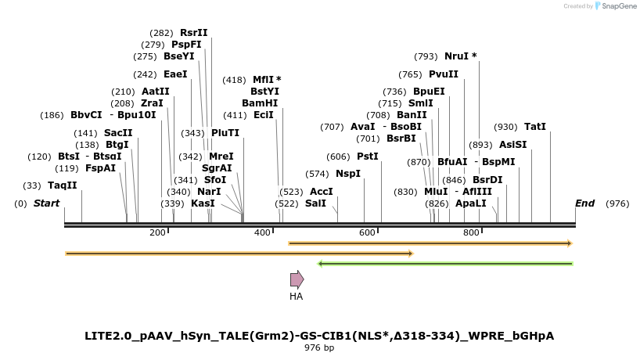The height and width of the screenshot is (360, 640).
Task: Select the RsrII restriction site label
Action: (x=194, y=33)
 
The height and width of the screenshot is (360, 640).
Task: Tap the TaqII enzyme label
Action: (x=63, y=185)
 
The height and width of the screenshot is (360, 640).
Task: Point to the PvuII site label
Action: (x=444, y=74)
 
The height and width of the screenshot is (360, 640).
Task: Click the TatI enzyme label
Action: (x=535, y=127)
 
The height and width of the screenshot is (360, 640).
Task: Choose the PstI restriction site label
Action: (x=368, y=157)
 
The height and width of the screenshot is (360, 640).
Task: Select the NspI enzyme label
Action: (x=348, y=174)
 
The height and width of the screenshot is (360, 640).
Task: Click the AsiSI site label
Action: (x=513, y=145)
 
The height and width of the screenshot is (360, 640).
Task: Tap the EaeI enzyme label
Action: (x=175, y=74)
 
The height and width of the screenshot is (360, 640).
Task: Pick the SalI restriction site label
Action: (x=315, y=203)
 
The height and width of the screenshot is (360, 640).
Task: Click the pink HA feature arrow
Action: (x=297, y=279)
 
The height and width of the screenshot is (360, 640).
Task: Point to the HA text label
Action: (x=297, y=297)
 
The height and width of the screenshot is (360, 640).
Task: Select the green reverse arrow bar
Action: (x=446, y=264)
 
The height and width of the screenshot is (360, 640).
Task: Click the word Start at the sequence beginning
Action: (x=46, y=203)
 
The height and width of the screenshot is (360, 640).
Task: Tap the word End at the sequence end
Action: (x=584, y=203)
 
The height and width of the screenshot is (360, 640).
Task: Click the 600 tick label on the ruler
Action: (x=367, y=232)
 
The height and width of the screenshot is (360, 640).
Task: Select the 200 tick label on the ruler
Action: (x=156, y=232)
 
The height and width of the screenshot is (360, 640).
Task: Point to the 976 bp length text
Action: (x=319, y=347)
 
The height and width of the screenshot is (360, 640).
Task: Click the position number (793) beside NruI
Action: (x=426, y=56)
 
